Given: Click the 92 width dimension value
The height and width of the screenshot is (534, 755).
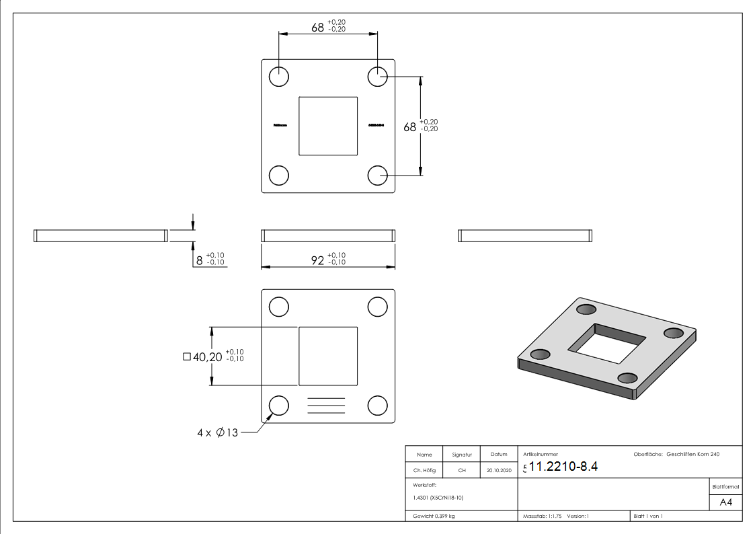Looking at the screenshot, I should [x=317, y=260].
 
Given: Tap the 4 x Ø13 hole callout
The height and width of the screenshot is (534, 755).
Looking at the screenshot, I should [x=218, y=433].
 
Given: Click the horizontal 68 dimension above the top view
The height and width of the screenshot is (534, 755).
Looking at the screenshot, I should [x=318, y=28].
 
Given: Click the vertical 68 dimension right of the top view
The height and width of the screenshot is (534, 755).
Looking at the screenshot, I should [x=410, y=126].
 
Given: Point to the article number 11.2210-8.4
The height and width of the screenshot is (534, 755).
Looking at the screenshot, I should [x=563, y=467].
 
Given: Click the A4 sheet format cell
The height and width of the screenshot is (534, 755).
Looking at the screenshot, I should [x=726, y=502].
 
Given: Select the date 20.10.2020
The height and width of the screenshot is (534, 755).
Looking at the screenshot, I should [x=499, y=471].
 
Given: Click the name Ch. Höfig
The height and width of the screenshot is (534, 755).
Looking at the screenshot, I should [x=424, y=471].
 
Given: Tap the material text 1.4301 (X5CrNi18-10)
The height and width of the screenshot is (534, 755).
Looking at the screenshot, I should [x=438, y=498].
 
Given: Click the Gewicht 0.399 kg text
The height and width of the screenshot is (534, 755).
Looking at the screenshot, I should [x=434, y=517].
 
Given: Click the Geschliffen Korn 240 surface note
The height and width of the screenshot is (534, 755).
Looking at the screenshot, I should [x=692, y=455].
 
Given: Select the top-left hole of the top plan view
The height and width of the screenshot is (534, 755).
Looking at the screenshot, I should [x=278, y=77].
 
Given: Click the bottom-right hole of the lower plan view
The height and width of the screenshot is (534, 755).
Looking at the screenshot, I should [x=378, y=406].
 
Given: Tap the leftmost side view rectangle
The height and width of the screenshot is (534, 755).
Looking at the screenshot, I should [x=100, y=235].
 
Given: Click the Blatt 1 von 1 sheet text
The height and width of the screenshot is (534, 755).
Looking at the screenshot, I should [x=648, y=517].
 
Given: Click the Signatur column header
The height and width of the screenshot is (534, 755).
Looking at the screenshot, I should [x=462, y=455].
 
